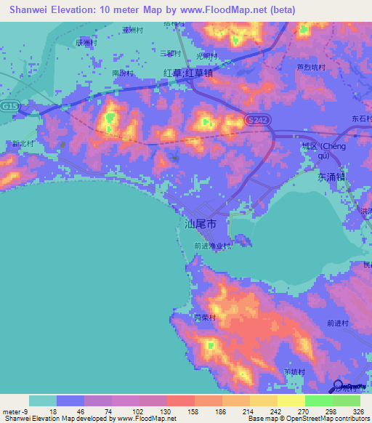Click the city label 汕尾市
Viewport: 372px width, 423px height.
point(201,225)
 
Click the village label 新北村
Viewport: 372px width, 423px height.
point(23,144)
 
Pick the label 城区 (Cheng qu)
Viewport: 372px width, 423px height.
point(325,150)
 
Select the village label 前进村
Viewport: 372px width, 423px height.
point(338,323)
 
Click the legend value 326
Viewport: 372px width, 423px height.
point(357,410)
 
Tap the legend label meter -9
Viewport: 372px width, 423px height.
point(14,410)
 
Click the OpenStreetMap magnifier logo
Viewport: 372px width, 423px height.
point(339,387)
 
